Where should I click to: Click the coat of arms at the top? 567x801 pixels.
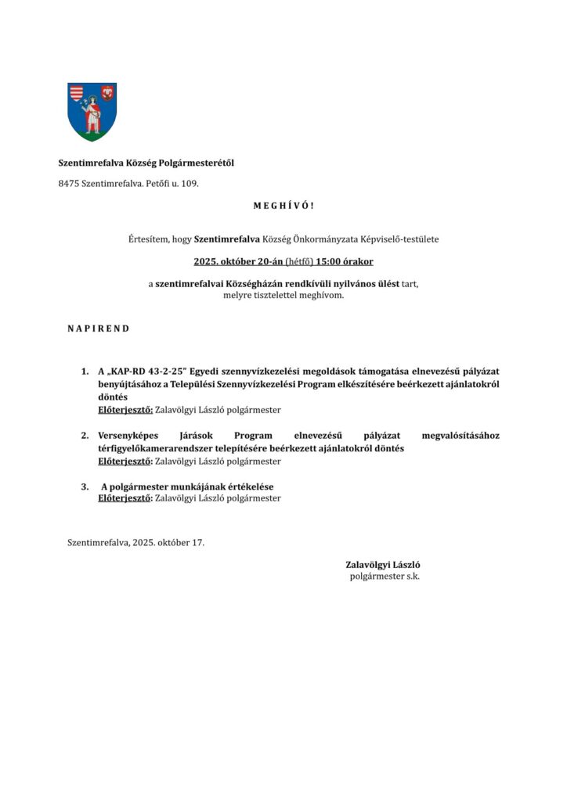(92, 111)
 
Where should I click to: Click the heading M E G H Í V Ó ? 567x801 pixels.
(283, 206)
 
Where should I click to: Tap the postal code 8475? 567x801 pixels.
(69, 184)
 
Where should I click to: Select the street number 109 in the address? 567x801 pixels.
(190, 184)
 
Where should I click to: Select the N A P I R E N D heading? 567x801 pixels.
(98, 329)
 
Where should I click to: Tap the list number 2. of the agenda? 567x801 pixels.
(85, 435)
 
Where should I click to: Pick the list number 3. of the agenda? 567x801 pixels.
(85, 487)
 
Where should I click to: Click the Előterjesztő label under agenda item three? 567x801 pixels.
(125, 497)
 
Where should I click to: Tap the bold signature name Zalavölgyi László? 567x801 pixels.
(384, 564)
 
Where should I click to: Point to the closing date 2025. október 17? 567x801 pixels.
(168, 541)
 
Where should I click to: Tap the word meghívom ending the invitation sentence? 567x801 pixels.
(322, 295)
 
